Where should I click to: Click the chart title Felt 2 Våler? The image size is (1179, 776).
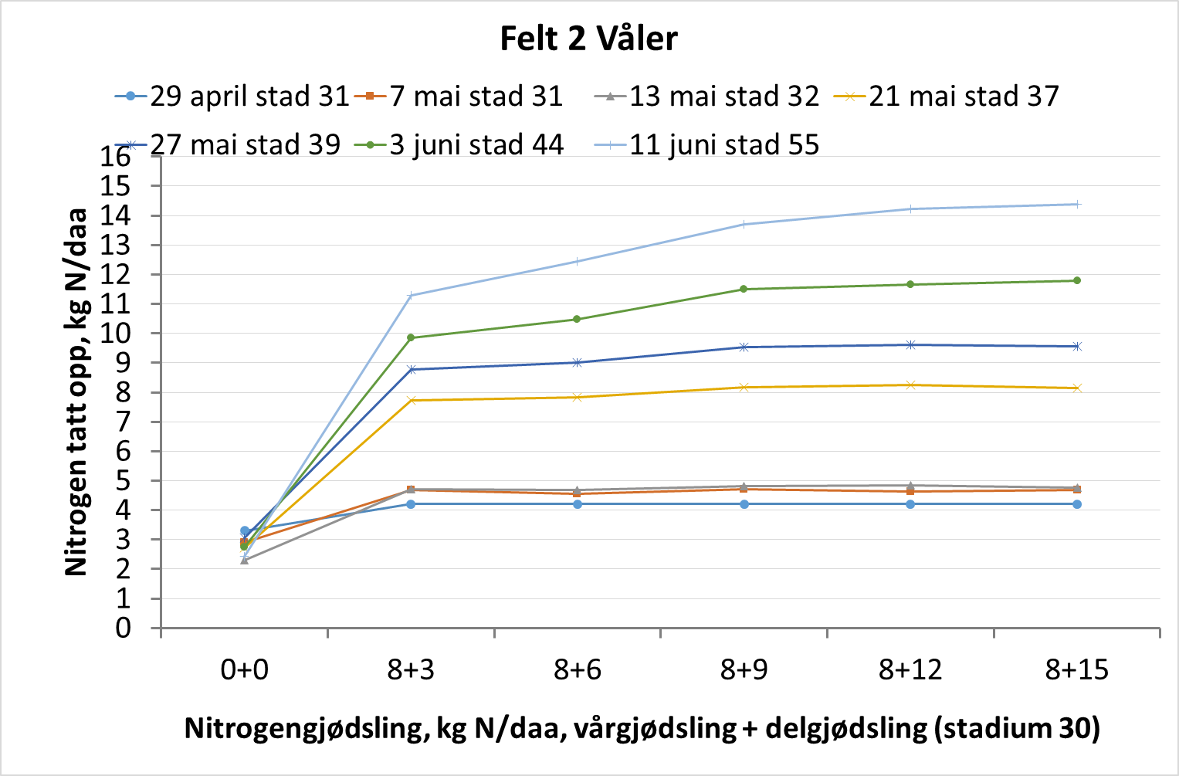click(x=588, y=39)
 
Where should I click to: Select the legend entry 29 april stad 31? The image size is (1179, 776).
click(x=249, y=97)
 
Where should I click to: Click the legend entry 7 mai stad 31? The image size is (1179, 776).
click(x=476, y=97)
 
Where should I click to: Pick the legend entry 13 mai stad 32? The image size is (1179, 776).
click(x=723, y=97)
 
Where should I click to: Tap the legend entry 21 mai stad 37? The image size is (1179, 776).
click(x=963, y=97)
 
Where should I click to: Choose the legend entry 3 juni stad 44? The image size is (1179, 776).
click(x=476, y=145)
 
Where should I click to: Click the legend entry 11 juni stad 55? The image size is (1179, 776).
click(x=723, y=145)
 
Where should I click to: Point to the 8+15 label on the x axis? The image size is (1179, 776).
click(x=1076, y=669)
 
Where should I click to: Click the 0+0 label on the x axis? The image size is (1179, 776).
click(x=244, y=669)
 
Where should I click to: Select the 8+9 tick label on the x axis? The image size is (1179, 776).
click(x=744, y=669)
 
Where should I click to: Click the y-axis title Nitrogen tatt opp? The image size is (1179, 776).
click(x=76, y=391)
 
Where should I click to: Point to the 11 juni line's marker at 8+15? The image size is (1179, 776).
click(x=1077, y=205)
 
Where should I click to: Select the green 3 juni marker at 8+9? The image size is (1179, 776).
click(x=744, y=290)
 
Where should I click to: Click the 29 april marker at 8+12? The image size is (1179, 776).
click(x=910, y=504)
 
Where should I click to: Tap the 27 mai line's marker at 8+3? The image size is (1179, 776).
click(x=411, y=370)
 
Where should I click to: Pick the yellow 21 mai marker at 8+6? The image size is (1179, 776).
click(x=578, y=398)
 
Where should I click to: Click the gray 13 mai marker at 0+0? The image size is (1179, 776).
click(x=244, y=561)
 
